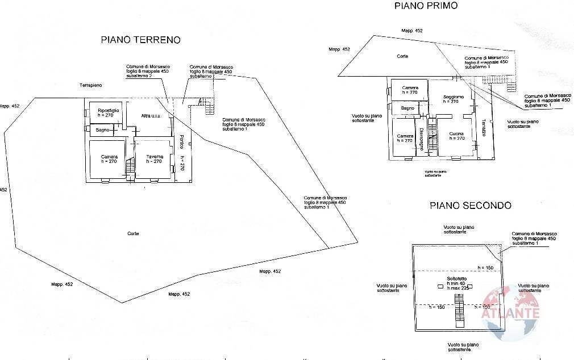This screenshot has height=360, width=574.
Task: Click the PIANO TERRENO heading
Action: pos(140,40)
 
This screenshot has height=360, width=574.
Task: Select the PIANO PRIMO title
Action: pos(426,6)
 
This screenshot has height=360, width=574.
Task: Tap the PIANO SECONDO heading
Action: pos(470,206)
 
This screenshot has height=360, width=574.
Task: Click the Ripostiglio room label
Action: pos(108,110)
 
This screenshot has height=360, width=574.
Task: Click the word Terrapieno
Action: pos(91,85)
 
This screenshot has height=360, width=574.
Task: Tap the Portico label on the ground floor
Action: pos(181,141)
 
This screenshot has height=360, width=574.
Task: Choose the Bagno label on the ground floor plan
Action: pos(102,131)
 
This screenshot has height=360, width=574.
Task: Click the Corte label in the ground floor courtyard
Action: pos(134,233)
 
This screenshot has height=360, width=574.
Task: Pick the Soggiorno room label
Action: pos(454,97)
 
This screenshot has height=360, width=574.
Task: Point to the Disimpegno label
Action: pos(421,139)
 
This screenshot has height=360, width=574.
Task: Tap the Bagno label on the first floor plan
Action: pos(407,108)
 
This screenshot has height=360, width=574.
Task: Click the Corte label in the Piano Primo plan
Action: pos(402,56)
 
